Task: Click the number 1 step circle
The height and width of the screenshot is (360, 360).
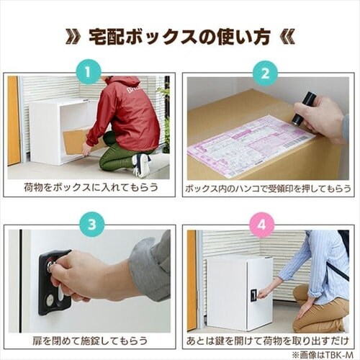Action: [88, 73]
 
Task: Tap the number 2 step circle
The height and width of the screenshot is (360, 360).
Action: [265, 73]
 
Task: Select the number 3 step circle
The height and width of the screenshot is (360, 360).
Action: [92, 225]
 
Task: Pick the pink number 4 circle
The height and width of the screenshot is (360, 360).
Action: [262, 225]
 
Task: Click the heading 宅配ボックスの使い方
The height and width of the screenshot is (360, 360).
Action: [180, 37]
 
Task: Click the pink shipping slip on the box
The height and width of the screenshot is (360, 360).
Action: [251, 147]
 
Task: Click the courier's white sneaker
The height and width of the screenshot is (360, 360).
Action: [141, 165]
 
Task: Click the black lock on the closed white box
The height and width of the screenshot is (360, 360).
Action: [254, 294]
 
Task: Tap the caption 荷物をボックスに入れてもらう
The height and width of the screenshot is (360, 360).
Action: [91, 187]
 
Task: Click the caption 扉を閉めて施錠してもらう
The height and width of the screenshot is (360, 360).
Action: [89, 341]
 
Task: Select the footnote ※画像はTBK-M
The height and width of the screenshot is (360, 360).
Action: [323, 355]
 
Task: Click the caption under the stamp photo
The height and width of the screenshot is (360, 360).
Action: [268, 189]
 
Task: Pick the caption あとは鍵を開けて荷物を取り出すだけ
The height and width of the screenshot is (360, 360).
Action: [267, 341]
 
